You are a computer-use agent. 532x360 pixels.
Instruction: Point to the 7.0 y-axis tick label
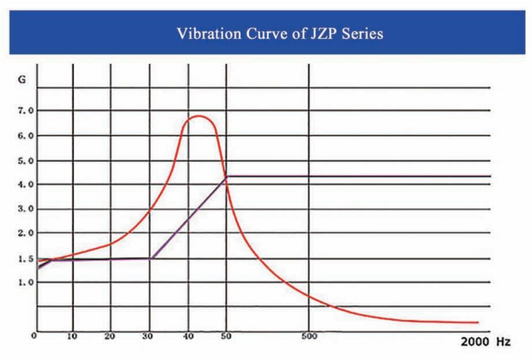[x=27, y=111]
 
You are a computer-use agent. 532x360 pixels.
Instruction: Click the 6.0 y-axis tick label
[x=27, y=135]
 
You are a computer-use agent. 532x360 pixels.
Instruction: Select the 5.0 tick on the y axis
[x=27, y=160]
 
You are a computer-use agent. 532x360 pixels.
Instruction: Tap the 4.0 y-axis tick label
[x=27, y=184]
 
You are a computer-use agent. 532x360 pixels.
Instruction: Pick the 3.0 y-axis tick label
[x=27, y=209]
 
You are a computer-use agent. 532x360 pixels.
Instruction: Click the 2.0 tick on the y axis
[x=27, y=233]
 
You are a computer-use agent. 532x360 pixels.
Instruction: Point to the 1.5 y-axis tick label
[x=27, y=258]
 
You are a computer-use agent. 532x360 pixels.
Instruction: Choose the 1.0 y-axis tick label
[x=27, y=282]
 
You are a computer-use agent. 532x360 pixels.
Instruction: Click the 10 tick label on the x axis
[x=72, y=336]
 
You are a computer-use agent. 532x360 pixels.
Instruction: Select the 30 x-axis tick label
[x=149, y=336]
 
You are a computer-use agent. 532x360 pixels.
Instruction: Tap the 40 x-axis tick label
[x=188, y=336]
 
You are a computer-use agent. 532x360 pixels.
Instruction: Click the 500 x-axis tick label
[x=310, y=336]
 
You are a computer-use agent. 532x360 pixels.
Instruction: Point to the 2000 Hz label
[x=485, y=340]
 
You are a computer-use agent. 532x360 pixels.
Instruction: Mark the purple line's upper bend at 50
[x=227, y=176]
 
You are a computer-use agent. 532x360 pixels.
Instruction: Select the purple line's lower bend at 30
[x=151, y=258]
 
